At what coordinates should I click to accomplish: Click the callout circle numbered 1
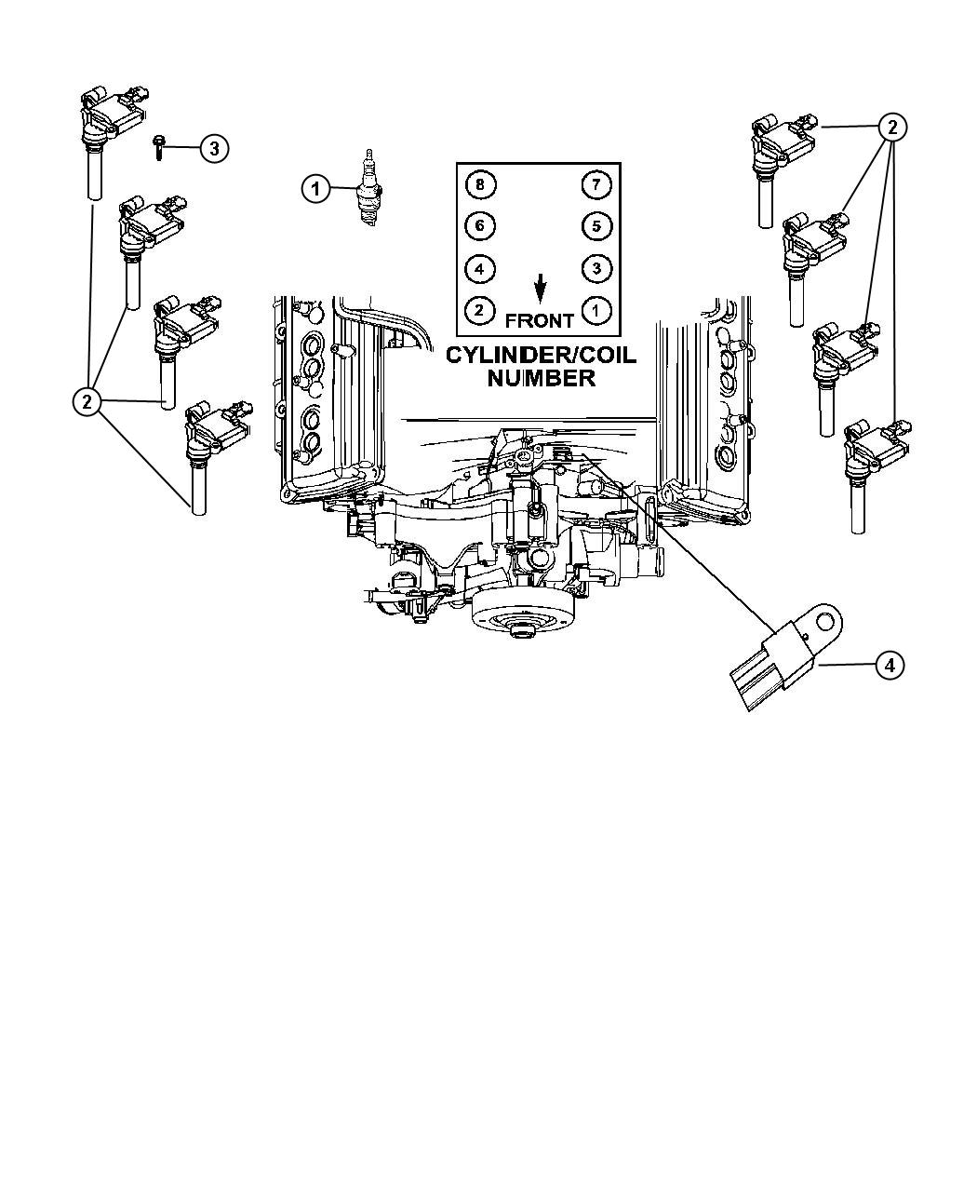click(315, 188)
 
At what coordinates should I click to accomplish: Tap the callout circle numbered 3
click(214, 148)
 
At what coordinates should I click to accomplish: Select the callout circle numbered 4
click(890, 665)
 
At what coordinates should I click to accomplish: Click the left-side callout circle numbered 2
click(87, 402)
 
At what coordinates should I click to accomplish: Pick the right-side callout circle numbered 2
click(891, 128)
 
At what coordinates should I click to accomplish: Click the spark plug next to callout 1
click(368, 188)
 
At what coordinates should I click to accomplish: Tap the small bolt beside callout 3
click(158, 147)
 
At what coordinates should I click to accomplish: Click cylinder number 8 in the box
click(480, 184)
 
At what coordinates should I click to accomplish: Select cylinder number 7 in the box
click(596, 184)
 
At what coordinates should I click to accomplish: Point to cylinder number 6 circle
click(480, 226)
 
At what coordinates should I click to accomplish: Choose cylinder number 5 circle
click(596, 226)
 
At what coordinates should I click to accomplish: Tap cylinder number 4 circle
click(480, 268)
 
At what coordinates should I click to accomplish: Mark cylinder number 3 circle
click(596, 268)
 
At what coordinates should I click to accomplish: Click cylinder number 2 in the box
click(480, 310)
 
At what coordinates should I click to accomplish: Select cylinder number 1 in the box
click(596, 310)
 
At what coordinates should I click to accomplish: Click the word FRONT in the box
click(540, 321)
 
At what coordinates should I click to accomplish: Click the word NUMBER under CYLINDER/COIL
click(542, 378)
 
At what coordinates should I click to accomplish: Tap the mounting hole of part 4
click(824, 620)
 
